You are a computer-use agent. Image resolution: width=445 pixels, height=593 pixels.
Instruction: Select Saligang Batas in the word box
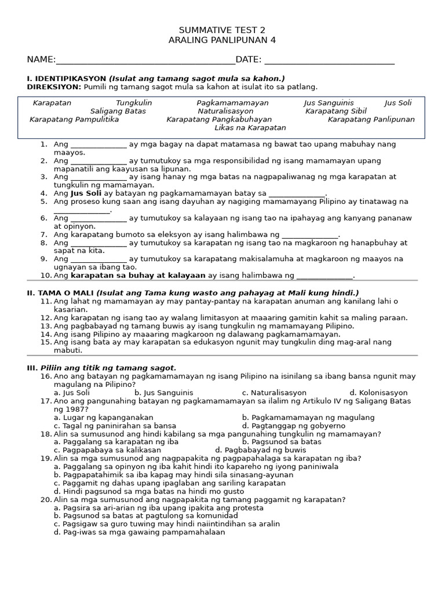[118, 111]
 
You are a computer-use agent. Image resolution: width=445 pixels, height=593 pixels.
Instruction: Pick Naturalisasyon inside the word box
[225, 111]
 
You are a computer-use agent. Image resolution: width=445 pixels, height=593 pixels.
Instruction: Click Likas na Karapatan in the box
[250, 127]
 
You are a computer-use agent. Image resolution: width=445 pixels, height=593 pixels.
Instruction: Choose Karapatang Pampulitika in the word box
[74, 119]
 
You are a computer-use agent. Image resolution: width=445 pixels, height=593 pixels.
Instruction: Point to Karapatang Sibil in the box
[336, 111]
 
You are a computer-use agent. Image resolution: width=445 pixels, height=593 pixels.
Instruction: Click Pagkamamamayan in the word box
[232, 103]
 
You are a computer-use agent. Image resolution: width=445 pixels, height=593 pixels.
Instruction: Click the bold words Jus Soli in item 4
[86, 193]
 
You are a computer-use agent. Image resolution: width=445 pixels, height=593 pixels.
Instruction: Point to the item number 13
[46, 325]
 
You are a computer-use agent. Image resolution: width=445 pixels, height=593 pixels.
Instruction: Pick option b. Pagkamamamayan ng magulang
[308, 417]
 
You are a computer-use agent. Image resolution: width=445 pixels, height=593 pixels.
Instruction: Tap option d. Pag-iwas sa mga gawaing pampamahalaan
[139, 532]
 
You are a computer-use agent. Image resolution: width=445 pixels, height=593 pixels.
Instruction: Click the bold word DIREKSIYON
[54, 87]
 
